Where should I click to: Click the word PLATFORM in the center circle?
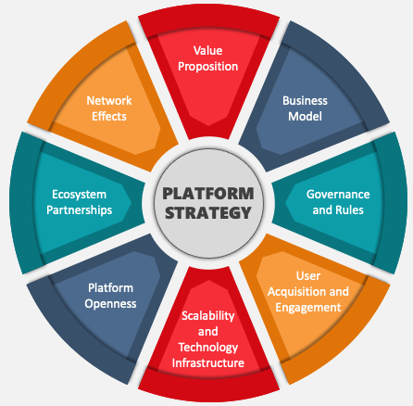coord(208,194)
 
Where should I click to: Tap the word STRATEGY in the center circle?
coord(208,212)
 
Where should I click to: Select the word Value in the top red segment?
coord(208,51)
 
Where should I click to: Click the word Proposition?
coord(208,67)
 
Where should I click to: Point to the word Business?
coord(305,101)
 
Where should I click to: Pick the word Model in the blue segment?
coord(305,117)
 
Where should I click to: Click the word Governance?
coord(338,195)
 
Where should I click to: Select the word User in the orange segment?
coord(308,276)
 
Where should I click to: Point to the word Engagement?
coord(308,308)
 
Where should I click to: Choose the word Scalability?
coord(208,316)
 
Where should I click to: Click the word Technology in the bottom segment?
coord(208,348)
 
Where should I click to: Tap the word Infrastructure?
coord(208,363)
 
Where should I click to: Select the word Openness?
coord(110,304)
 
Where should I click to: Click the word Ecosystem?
coord(79,195)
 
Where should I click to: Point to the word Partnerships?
coord(79,210)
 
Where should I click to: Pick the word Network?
coord(109,101)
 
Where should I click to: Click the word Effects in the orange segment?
coord(109,117)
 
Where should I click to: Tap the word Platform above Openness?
coord(110,288)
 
